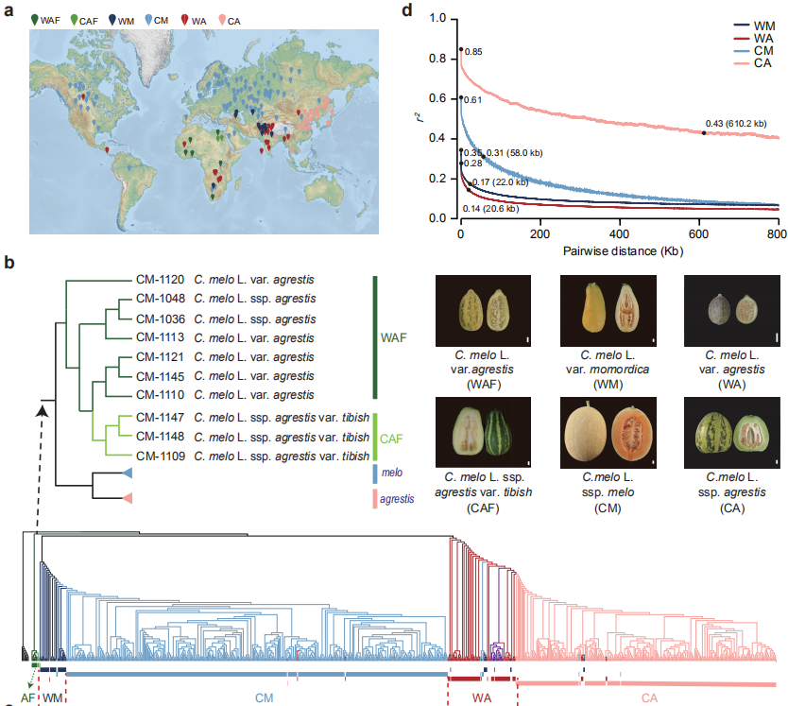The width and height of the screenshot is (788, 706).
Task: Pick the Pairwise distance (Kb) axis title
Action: coord(619,251)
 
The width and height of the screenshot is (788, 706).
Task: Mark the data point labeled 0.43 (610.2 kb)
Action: coord(703,133)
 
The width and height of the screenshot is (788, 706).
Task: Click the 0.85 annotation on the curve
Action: coord(474,52)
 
